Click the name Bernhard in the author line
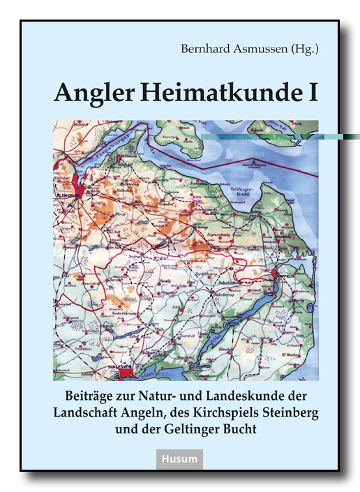202,49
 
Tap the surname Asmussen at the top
256,49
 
